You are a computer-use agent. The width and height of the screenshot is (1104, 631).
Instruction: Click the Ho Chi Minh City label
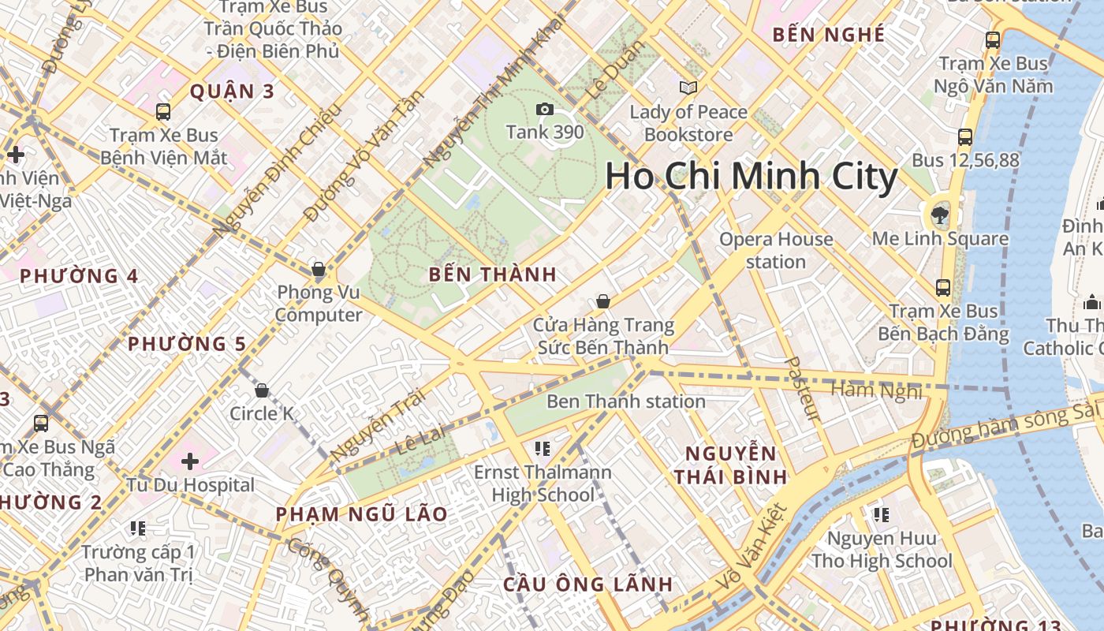pyautogui.click(x=751, y=177)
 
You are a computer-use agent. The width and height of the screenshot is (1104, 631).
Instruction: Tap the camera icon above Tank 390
pyautogui.click(x=544, y=109)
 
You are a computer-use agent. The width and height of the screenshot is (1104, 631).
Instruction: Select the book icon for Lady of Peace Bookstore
pyautogui.click(x=688, y=88)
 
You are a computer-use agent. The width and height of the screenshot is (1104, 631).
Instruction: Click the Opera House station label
pyautogui.click(x=776, y=250)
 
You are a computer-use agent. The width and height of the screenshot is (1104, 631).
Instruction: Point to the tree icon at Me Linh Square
pyautogui.click(x=939, y=213)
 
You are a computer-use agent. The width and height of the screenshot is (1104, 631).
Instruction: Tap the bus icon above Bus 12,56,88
pyautogui.click(x=964, y=137)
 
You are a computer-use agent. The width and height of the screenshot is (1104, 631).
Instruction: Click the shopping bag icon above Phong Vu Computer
pyautogui.click(x=319, y=270)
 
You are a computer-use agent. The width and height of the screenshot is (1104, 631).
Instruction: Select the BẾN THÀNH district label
pyautogui.click(x=493, y=275)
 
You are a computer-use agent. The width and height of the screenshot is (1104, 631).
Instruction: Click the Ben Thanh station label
pyautogui.click(x=626, y=401)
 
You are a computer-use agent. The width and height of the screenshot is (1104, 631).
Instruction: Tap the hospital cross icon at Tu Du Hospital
pyautogui.click(x=190, y=461)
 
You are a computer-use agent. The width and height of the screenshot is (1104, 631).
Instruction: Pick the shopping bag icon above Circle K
pyautogui.click(x=262, y=390)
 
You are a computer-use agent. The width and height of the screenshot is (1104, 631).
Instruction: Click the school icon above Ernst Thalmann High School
pyautogui.click(x=542, y=449)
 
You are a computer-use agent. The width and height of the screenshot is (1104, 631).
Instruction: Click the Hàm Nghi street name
pyautogui.click(x=876, y=390)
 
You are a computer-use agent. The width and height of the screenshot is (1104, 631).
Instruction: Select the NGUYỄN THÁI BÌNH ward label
pyautogui.click(x=731, y=465)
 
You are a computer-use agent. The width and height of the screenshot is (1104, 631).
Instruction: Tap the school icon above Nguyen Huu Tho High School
pyautogui.click(x=882, y=515)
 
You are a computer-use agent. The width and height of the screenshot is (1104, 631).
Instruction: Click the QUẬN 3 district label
pyautogui.click(x=232, y=91)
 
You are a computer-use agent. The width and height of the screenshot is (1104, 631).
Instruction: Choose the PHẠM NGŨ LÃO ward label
pyautogui.click(x=361, y=514)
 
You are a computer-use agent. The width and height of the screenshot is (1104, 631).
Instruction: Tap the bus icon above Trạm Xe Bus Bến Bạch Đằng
pyautogui.click(x=942, y=287)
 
